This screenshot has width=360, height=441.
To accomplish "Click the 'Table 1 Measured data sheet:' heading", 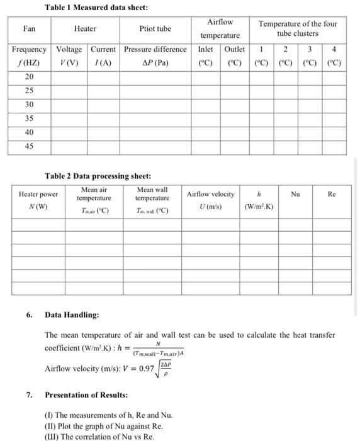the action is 87,8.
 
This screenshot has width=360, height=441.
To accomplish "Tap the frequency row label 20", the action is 29,76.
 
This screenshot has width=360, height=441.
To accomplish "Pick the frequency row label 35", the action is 29,118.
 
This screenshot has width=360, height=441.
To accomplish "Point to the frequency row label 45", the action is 29,146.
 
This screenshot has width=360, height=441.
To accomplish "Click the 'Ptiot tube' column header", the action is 155,28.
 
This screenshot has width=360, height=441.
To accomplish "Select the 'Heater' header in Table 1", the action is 85,28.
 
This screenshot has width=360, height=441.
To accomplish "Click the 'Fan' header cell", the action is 29,28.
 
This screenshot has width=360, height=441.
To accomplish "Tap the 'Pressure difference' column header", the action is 155,49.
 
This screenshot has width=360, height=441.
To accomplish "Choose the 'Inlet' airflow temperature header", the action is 206,49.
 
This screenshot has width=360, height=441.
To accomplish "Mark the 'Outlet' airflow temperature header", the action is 234,49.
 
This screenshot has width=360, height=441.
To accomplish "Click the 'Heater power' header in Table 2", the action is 38,195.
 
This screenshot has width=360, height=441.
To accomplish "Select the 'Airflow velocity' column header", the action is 210,194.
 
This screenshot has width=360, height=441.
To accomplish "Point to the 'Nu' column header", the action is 295,195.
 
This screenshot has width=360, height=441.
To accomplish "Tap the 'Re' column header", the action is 332,195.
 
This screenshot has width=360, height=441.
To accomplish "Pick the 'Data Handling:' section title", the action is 72,314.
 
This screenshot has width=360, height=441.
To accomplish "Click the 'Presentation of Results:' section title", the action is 85,395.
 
